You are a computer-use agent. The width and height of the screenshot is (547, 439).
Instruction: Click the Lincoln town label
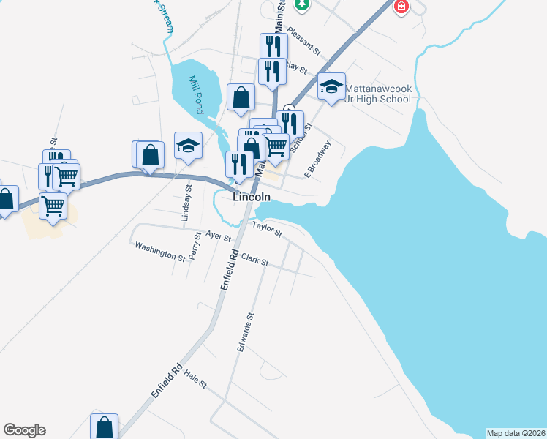pyautogui.click(x=252, y=198)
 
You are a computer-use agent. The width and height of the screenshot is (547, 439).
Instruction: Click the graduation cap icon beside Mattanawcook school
pyautogui.click(x=332, y=87)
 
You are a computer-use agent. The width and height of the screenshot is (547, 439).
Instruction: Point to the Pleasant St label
pyautogui.click(x=304, y=41)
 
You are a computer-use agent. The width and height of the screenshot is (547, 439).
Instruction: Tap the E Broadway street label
pyautogui.click(x=318, y=160)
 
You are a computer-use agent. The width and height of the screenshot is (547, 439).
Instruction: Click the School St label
pyautogui.click(x=300, y=137)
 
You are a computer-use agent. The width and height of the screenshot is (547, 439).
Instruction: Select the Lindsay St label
pyautogui.click(x=188, y=203)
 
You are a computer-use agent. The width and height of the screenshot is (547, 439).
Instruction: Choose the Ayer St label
pyautogui.click(x=219, y=236)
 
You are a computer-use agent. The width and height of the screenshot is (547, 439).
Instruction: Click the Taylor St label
pyautogui.click(x=268, y=230)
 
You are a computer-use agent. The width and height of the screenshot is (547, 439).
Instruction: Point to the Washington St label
pyautogui.click(x=160, y=252)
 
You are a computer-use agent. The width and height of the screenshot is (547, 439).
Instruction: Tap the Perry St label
pyautogui.click(x=195, y=247)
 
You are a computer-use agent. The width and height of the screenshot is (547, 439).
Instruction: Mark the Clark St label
pyautogui.click(x=255, y=260)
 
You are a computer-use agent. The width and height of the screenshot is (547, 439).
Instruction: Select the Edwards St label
pyautogui.click(x=245, y=333)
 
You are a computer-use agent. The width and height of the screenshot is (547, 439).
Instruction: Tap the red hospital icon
pyautogui.click(x=401, y=7)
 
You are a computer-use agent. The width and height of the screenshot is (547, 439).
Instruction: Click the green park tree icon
pyautogui.click(x=301, y=4)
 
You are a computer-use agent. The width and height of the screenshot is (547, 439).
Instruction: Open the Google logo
pyautogui.click(x=24, y=430)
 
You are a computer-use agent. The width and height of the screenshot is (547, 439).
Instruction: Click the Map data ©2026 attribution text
pyautogui.click(x=515, y=432)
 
